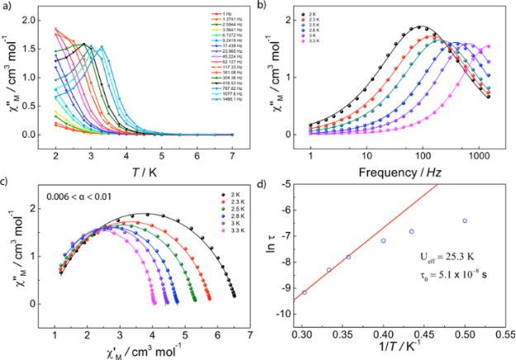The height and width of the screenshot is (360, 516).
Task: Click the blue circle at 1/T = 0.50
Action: (x=465, y=221)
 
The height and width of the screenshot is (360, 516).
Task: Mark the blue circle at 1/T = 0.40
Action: (x=383, y=240)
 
